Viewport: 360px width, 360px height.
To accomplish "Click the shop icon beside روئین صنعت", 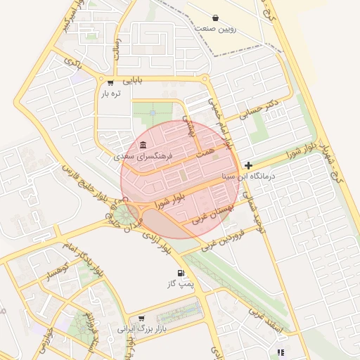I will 215,18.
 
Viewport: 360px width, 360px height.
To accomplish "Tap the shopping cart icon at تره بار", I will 110,83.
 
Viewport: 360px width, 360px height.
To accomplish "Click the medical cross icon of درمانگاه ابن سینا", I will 248,166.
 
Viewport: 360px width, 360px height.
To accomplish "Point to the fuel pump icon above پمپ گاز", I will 181,272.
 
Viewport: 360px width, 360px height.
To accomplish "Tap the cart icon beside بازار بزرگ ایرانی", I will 142,318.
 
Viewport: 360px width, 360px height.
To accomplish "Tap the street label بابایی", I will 131,80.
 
